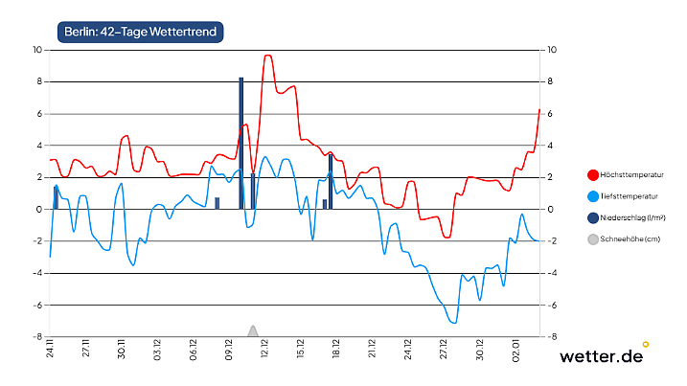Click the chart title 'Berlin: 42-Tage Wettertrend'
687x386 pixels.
click(140, 33)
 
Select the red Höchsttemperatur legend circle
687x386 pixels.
click(593, 175)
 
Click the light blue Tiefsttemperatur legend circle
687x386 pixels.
click(593, 196)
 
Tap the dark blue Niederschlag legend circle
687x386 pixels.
click(593, 217)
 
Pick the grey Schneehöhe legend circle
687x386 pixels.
click(593, 238)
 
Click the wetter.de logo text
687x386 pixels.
click(600, 356)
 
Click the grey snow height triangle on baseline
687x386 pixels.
click(253, 331)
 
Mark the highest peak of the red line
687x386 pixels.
click(268, 56)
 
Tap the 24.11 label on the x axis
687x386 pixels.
click(50, 353)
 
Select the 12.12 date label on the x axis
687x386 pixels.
click(265, 353)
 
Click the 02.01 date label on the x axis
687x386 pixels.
click(516, 353)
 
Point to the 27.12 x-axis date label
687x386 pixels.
click(445, 353)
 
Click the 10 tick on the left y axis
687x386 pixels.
click(35, 50)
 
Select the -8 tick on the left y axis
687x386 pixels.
click(35, 337)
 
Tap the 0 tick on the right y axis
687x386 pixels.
click(552, 210)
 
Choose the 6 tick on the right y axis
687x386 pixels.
click(552, 114)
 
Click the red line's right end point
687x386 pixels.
click(539, 110)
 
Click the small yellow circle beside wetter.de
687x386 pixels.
click(646, 343)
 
